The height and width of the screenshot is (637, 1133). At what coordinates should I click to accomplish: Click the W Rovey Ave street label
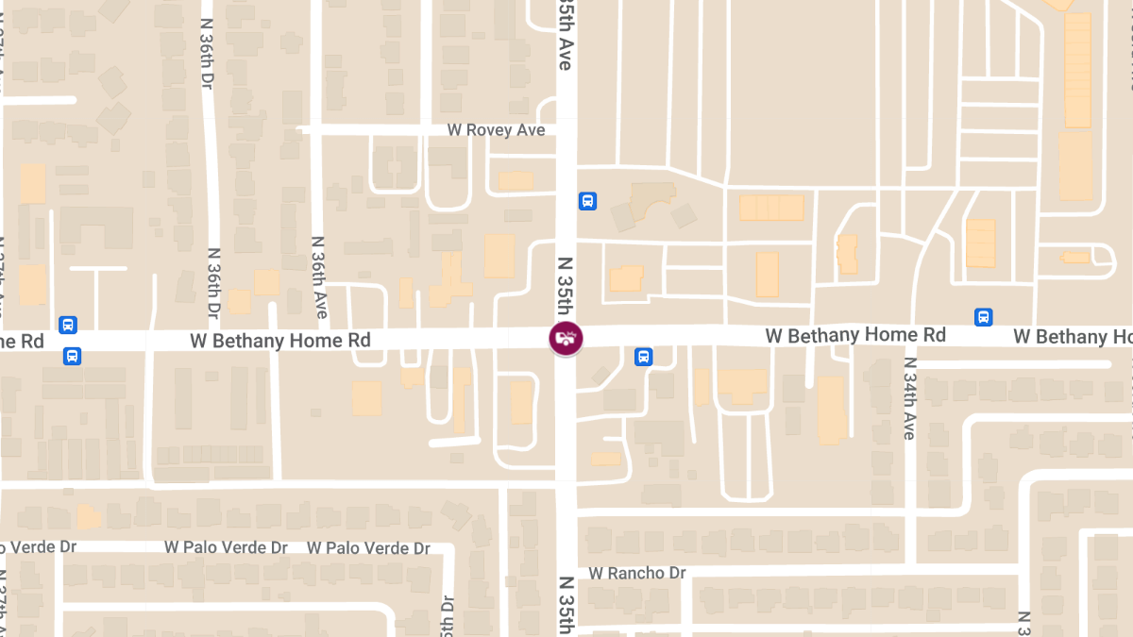(x=496, y=129)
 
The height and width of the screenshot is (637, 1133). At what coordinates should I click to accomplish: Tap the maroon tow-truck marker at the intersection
(x=566, y=338)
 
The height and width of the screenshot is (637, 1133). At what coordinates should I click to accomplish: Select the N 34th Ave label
(x=909, y=398)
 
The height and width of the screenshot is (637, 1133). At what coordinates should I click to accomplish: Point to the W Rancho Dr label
(x=637, y=573)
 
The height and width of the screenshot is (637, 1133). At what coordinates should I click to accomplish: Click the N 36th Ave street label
(x=320, y=277)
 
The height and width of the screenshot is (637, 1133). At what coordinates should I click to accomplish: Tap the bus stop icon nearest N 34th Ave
(x=983, y=317)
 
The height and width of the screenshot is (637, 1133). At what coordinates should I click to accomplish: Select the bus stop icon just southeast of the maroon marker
(x=644, y=357)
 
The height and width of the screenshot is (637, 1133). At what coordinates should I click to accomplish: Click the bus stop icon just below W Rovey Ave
(x=587, y=201)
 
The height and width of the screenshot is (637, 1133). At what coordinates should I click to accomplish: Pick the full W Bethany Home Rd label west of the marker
(x=280, y=340)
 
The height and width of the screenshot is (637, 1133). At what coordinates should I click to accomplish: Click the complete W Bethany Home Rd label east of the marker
(x=855, y=335)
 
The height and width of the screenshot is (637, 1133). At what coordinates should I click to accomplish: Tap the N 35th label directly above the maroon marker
(x=565, y=285)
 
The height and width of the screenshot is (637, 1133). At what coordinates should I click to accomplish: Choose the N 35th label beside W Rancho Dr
(x=565, y=605)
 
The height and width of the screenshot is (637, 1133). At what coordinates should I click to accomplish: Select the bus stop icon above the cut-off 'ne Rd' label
(x=68, y=325)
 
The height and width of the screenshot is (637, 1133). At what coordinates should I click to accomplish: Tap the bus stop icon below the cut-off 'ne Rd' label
(x=73, y=357)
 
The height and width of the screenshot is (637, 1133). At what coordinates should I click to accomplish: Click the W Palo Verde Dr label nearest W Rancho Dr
(x=368, y=547)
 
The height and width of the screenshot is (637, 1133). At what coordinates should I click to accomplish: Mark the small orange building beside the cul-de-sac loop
(x=1075, y=257)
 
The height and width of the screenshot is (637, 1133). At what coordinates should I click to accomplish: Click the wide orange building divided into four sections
(x=770, y=208)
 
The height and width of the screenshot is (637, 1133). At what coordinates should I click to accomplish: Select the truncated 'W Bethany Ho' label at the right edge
(x=1073, y=336)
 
